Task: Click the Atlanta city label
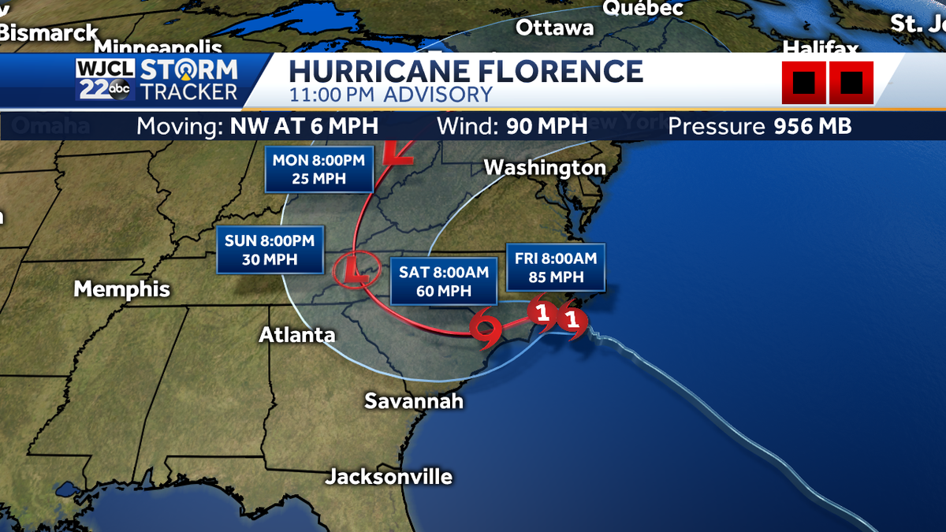point(297,335)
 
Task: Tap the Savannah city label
point(413,401)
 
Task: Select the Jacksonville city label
point(389,477)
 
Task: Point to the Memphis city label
point(121,288)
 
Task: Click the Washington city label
point(545,168)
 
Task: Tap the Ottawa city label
point(555,28)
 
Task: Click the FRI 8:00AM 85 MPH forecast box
point(556,267)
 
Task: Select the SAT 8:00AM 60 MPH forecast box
point(444,281)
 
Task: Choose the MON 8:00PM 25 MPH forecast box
point(318,169)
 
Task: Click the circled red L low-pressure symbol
point(352,270)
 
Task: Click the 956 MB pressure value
point(810,127)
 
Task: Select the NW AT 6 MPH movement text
point(304,127)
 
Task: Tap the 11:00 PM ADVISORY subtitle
point(390,95)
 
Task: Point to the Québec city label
point(643,8)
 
